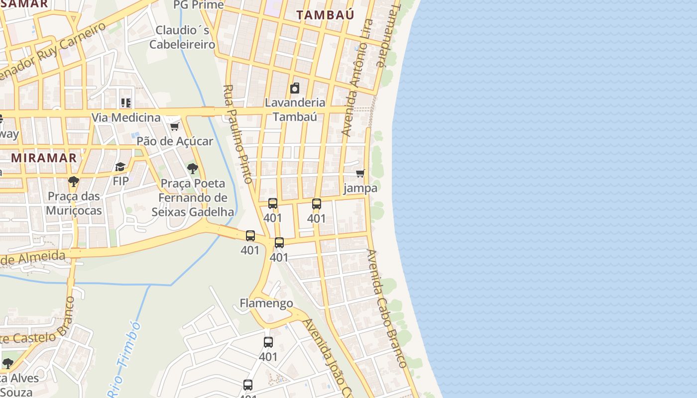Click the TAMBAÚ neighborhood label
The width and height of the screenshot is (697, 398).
[325, 15]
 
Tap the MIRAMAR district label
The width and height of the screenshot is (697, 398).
[44, 158]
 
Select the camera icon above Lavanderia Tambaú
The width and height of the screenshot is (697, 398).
[295, 89]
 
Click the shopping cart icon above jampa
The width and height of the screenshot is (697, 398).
[360, 174]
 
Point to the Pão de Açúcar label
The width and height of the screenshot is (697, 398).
[175, 141]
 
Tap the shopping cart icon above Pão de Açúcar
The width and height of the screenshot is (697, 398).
[174, 126]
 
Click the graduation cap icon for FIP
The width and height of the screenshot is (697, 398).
[120, 167]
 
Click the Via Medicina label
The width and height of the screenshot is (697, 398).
[126, 118]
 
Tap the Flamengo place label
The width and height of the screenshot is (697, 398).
[266, 303]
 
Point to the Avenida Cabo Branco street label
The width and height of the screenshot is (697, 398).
[387, 308]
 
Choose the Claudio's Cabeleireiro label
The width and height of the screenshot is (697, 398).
[182, 37]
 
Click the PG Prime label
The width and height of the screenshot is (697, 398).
[198, 5]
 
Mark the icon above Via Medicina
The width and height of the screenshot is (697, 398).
[126, 103]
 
